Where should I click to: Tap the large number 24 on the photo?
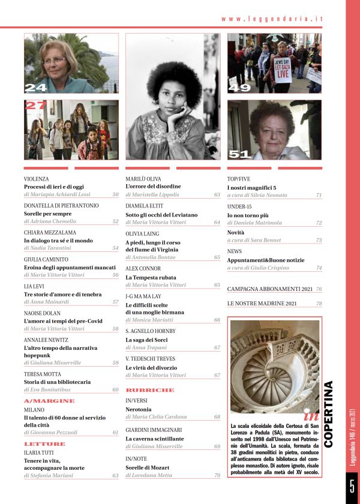35,88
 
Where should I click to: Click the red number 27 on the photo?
35,106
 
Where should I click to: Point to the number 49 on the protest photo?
239,88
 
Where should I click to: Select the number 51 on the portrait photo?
239,154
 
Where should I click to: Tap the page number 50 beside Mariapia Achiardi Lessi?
115,194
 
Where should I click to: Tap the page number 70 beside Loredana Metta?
217,476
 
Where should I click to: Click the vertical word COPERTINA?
328,415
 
